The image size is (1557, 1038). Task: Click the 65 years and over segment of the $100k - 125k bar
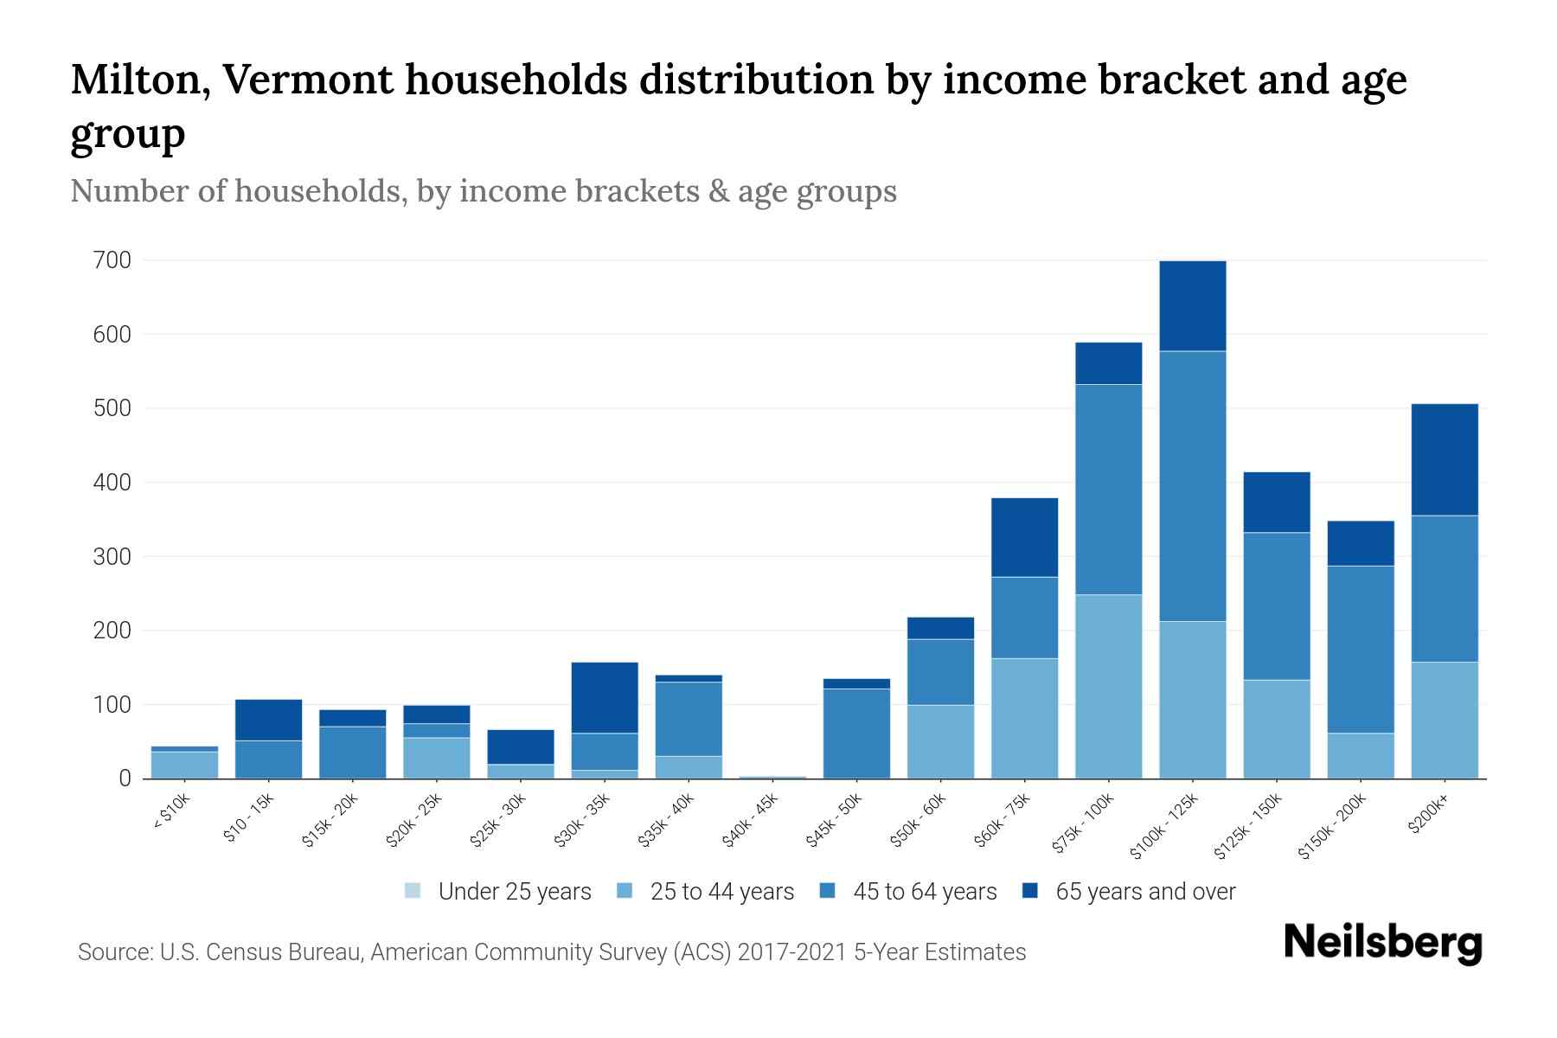click(1193, 305)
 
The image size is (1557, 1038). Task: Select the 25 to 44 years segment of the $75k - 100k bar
click(1108, 686)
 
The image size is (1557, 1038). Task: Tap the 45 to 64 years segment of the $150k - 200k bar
click(1361, 649)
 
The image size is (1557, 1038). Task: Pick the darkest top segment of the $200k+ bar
click(1445, 459)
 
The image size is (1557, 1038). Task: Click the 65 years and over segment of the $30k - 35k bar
click(605, 697)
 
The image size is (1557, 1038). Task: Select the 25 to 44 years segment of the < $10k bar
click(184, 765)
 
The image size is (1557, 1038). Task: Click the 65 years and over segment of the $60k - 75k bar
click(1024, 537)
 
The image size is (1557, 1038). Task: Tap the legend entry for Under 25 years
click(498, 891)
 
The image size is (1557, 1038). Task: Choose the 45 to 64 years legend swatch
click(828, 891)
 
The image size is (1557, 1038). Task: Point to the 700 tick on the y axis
click(112, 260)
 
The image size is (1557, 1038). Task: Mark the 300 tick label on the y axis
click(112, 557)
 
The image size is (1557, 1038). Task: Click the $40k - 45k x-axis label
click(750, 821)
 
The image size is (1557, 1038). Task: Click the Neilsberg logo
click(1382, 943)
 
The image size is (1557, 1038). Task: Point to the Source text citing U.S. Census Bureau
click(552, 952)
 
